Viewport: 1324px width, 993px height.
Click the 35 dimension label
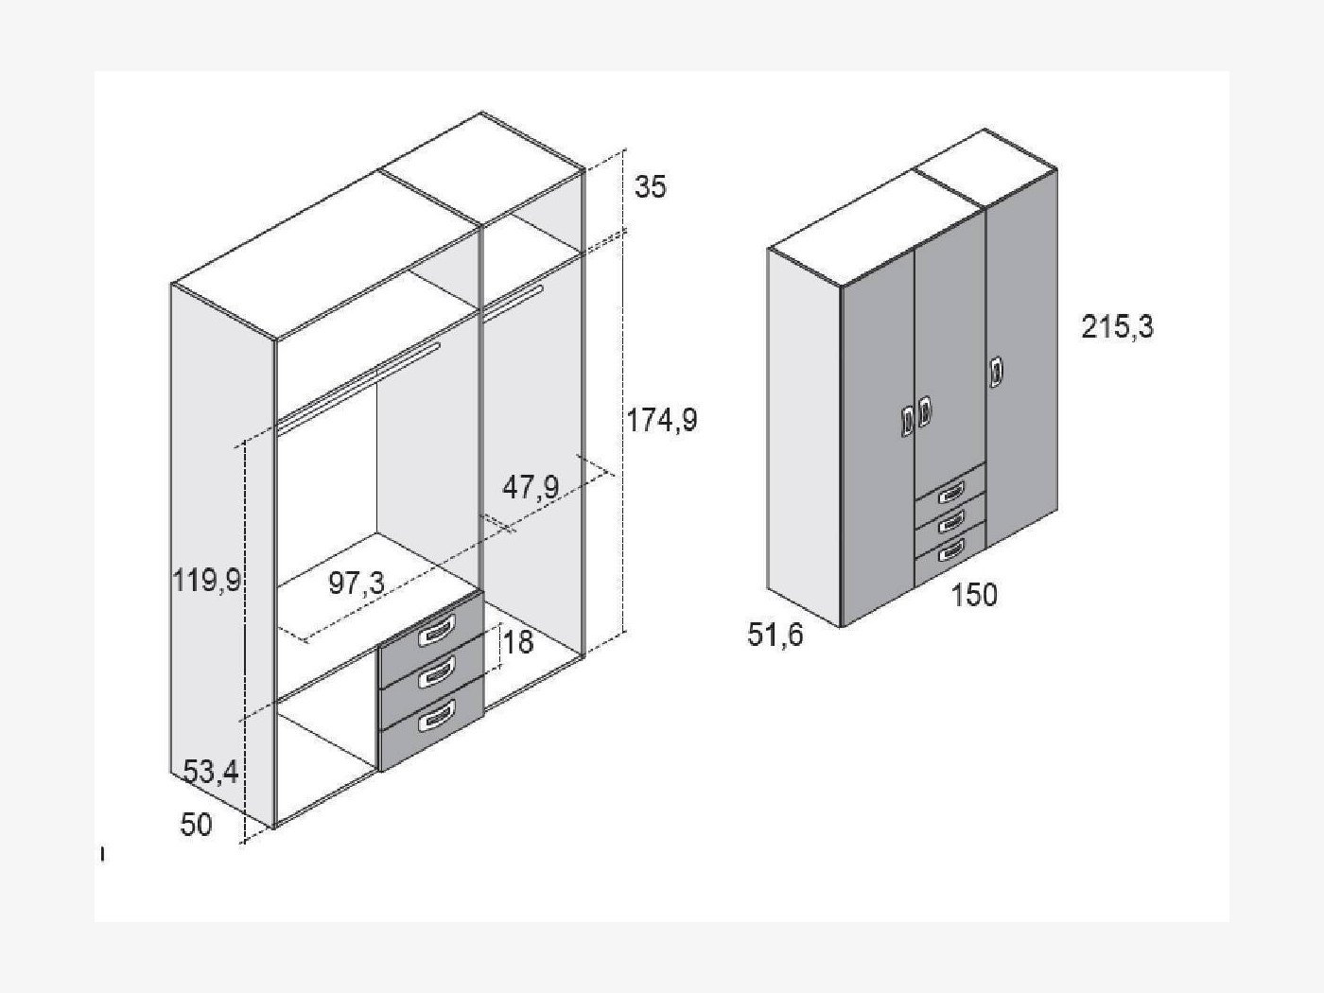click(x=651, y=187)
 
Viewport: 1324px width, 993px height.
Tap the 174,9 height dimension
click(x=662, y=420)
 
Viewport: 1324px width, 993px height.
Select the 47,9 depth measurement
click(x=531, y=487)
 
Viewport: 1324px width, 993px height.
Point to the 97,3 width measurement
click(x=357, y=583)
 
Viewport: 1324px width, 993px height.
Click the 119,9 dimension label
click(x=207, y=581)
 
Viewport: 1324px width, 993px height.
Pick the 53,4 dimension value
click(x=211, y=772)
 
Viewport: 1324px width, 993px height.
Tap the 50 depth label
click(x=196, y=824)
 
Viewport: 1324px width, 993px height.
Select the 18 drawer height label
click(x=519, y=642)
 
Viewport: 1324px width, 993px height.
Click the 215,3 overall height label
click(x=1117, y=327)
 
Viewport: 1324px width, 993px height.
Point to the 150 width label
click(x=974, y=595)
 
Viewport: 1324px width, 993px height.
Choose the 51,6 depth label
click(x=775, y=635)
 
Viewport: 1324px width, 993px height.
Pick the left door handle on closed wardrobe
click(x=908, y=420)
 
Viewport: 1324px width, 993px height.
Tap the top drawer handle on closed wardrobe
click(x=950, y=494)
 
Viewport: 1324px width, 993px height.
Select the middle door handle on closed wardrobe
click(x=924, y=411)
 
